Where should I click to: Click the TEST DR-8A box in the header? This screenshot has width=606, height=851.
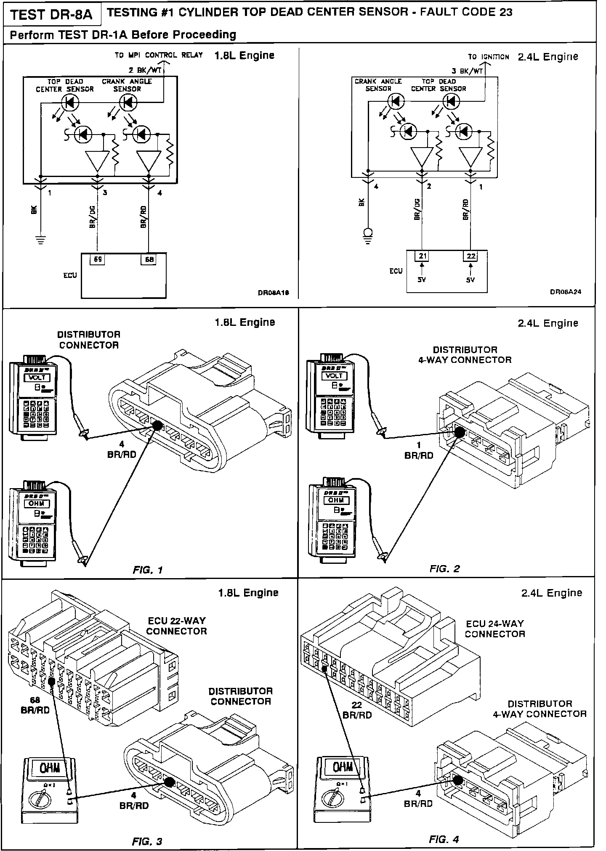click(x=51, y=15)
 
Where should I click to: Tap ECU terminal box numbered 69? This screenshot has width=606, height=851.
click(x=97, y=260)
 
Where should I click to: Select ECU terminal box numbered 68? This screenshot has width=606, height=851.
click(x=149, y=260)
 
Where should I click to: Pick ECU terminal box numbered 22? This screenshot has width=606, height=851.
click(x=470, y=256)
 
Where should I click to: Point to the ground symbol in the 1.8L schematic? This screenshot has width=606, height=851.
click(x=40, y=240)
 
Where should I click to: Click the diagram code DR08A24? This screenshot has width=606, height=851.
click(x=566, y=291)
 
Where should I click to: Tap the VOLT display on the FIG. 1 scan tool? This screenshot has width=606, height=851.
click(x=38, y=378)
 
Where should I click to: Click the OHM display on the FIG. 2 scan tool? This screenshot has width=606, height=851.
click(x=335, y=500)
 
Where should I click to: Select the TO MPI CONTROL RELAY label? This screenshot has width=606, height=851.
click(x=159, y=55)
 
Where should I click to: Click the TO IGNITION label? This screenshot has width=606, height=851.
click(x=488, y=57)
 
